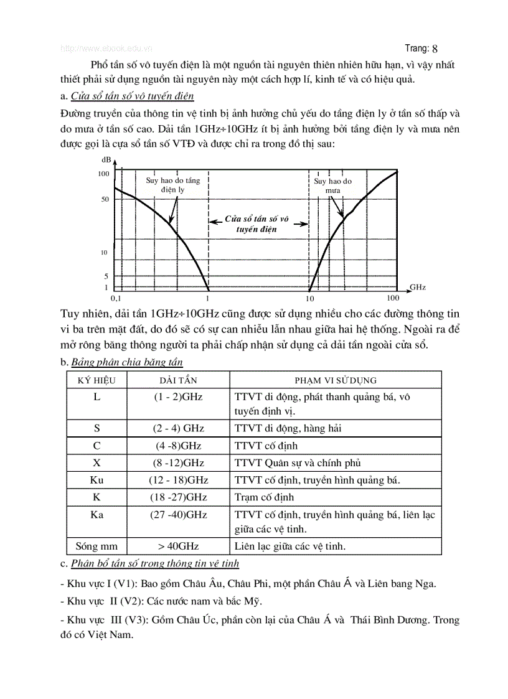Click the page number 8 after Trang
pos(435,48)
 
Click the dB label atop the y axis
pos(106,161)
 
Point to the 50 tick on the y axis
pos(105,199)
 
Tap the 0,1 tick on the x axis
pos(115,299)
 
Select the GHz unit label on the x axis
pos(418,288)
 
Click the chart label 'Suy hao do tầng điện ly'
pos(172,185)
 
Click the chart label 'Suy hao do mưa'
pos(332,185)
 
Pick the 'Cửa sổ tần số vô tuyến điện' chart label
pos(257,224)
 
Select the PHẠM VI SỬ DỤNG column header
pos(335,380)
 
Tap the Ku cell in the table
pos(96,480)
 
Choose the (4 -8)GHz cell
pos(178,446)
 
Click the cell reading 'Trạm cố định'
pos(264,497)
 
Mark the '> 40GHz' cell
pos(178,546)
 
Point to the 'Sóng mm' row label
pos(96,546)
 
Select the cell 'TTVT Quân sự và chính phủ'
pos(298,463)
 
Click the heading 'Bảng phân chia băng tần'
pos(127,362)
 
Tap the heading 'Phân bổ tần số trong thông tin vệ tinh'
pos(155,563)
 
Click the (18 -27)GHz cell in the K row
pos(178,497)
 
